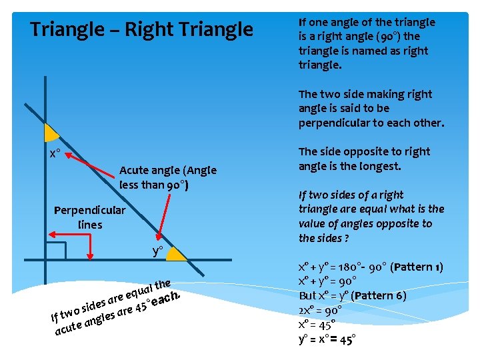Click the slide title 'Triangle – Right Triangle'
pyautogui.click(x=142, y=30)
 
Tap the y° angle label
pyautogui.click(x=158, y=251)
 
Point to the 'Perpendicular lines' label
pyautogui.click(x=89, y=217)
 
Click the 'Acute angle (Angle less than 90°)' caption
pyautogui.click(x=167, y=177)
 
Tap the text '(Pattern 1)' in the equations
pyautogui.click(x=417, y=267)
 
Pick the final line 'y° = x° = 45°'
pyautogui.click(x=327, y=339)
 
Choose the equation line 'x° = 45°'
pyautogui.click(x=316, y=325)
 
